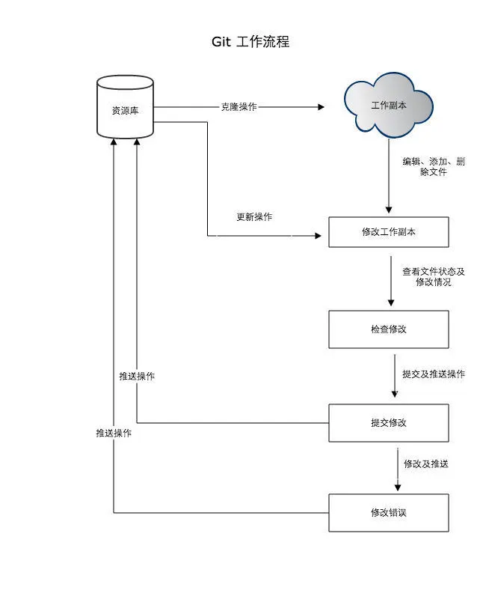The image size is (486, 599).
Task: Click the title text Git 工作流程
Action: click(250, 42)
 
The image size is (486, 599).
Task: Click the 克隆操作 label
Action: click(239, 107)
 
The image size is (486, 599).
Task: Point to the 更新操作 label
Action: click(254, 217)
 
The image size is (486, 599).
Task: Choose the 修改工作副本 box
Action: click(389, 232)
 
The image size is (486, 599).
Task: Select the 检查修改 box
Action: click(389, 329)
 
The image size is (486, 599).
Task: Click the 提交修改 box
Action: click(389, 423)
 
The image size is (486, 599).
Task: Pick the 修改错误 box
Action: click(389, 513)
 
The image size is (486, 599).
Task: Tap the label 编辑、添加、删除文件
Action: click(434, 167)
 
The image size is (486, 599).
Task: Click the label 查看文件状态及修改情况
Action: click(434, 277)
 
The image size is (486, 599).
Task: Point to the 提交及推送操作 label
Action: click(434, 374)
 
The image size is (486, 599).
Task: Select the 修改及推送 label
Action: click(426, 464)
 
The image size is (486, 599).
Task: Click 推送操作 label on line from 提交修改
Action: click(137, 376)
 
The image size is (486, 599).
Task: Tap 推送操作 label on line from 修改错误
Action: click(114, 434)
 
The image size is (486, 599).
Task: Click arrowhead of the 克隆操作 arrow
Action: click(322, 107)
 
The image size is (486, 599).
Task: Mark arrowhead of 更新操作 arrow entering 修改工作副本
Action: click(324, 236)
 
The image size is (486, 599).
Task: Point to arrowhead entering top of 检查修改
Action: click(390, 302)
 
